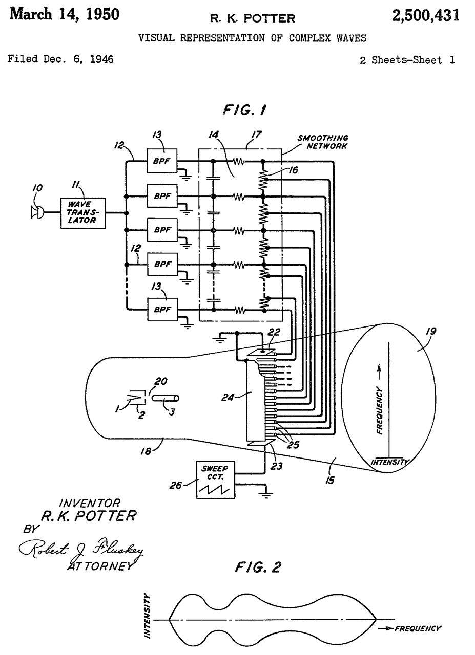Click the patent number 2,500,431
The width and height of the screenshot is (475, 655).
pos(425,16)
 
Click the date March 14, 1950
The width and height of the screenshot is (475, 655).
pos(65,14)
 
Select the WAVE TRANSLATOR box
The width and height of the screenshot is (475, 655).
pos(83,212)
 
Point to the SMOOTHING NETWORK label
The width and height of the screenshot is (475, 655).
pos(323,142)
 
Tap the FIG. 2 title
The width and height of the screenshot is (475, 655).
pos(258,567)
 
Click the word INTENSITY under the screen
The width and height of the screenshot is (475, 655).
pos(389,462)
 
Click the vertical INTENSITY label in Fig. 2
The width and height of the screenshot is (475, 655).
pos(148,615)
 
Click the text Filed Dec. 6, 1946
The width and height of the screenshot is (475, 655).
pos(60,59)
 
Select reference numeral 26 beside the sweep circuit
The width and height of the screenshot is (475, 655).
pos(176,485)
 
